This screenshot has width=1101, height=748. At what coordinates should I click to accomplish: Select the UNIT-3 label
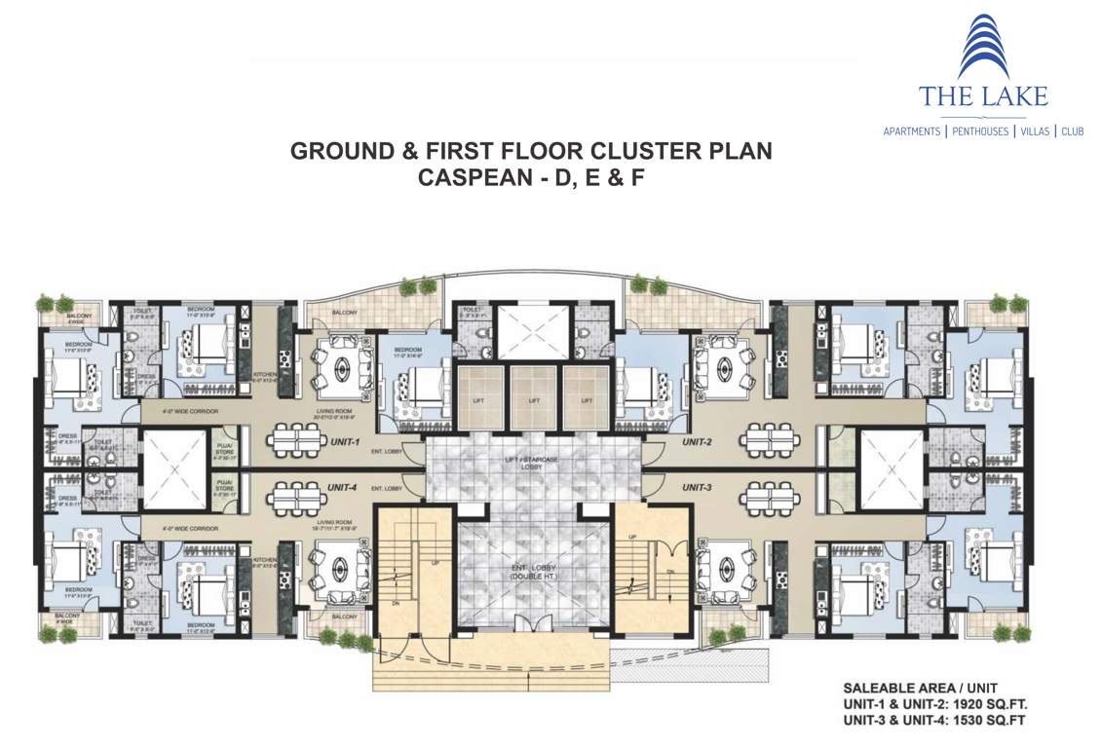(x=698, y=486)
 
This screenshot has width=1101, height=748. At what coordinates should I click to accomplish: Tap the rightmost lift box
(x=588, y=399)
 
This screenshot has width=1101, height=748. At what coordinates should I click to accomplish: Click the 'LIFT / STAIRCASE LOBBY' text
(x=533, y=462)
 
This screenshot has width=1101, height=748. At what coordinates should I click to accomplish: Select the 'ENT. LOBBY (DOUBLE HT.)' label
(x=533, y=571)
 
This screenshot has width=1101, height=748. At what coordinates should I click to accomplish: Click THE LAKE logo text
(x=982, y=95)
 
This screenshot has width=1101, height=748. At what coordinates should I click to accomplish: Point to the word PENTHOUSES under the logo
(x=980, y=131)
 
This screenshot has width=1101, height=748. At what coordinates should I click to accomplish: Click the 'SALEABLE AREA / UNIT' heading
(x=906, y=688)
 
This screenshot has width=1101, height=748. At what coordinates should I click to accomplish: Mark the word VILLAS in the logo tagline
(x=1034, y=131)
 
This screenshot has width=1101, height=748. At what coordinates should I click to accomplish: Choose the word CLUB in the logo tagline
(x=1072, y=131)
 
